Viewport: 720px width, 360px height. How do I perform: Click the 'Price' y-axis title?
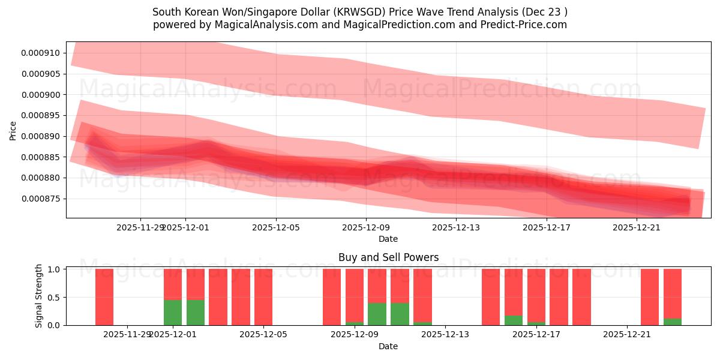13,130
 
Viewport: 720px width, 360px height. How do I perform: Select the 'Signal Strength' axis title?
39,296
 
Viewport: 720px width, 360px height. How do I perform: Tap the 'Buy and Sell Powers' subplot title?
388,257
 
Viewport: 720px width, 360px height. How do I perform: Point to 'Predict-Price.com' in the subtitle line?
526,25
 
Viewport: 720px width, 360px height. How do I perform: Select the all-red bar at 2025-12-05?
263,296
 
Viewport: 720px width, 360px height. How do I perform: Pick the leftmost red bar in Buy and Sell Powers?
104,296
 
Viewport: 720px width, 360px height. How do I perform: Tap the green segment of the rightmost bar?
673,322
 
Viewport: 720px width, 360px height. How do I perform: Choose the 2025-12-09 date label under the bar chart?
355,335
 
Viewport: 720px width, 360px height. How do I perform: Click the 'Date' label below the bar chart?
388,346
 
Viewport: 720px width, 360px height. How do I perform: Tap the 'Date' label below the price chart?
388,239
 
